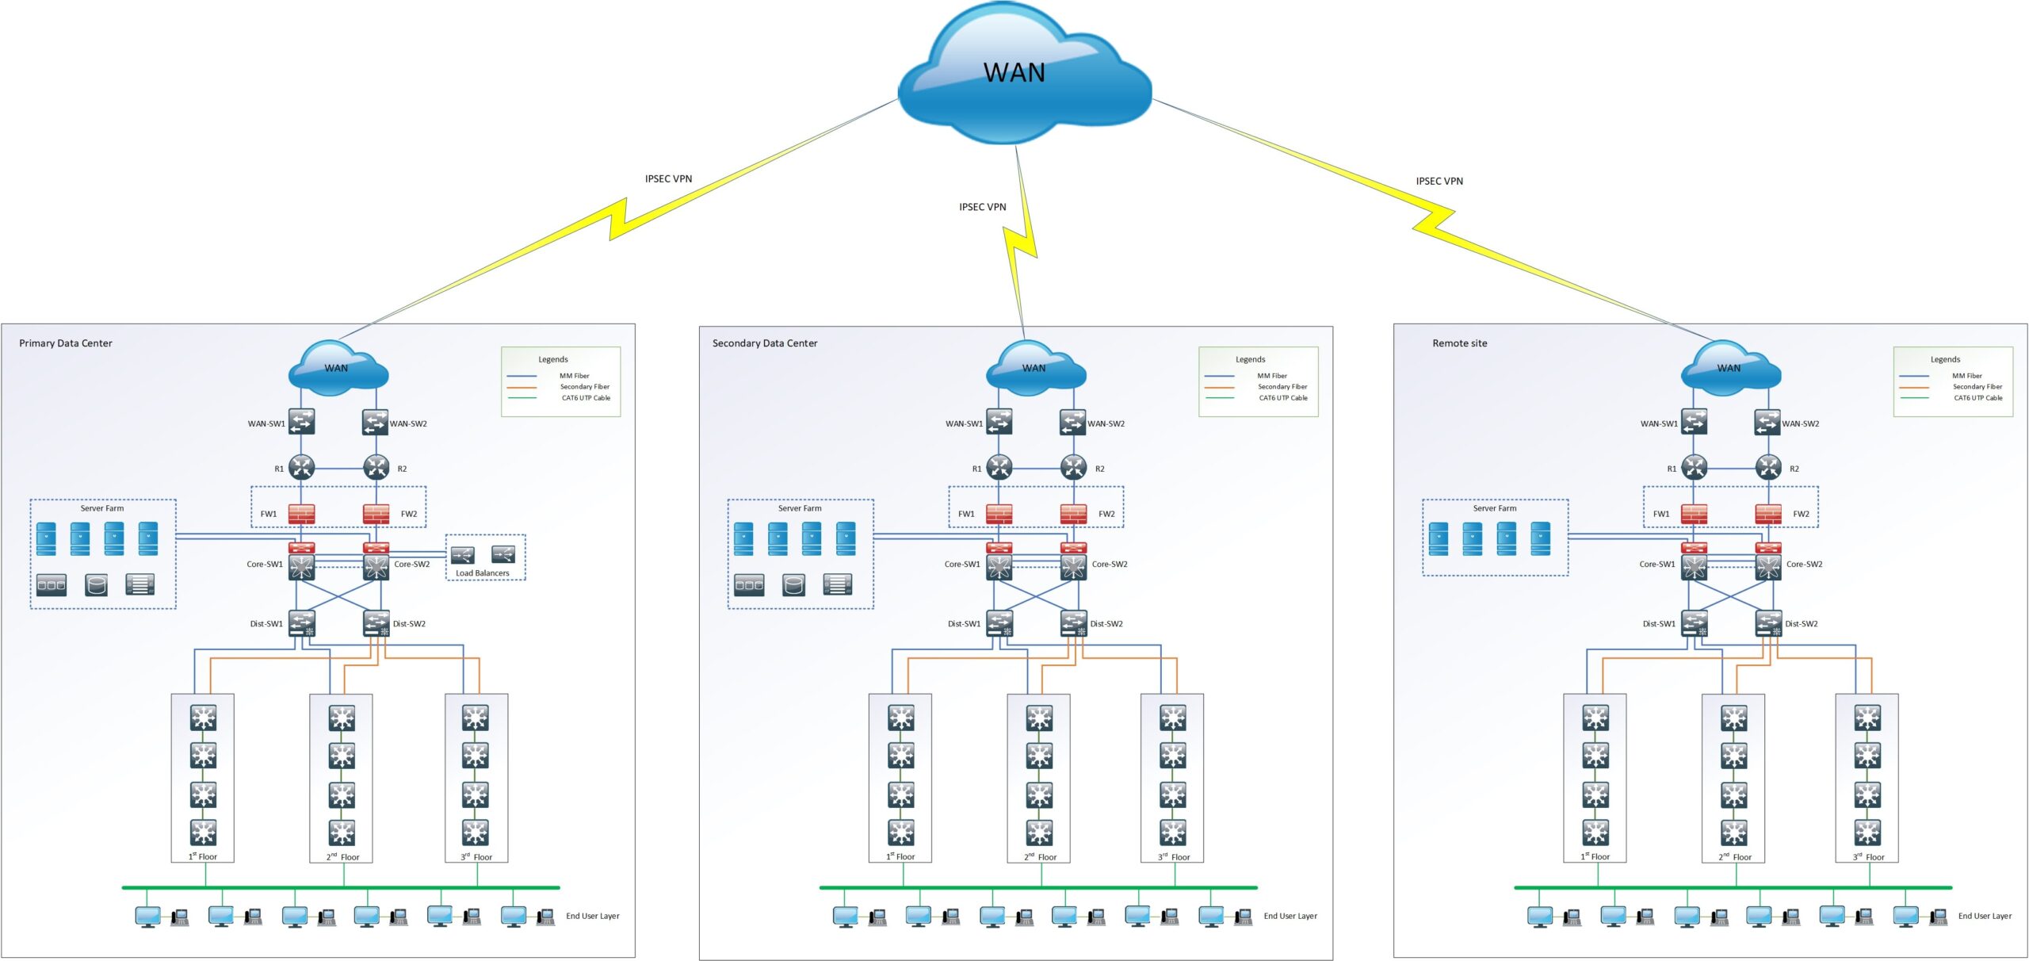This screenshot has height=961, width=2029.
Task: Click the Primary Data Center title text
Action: (x=66, y=343)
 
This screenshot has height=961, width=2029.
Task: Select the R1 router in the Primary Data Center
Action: (x=301, y=467)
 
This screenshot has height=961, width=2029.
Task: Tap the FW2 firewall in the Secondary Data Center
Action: (x=1073, y=514)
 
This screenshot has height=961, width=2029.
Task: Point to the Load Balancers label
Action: (x=482, y=573)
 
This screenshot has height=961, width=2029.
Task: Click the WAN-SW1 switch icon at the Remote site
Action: (x=1694, y=421)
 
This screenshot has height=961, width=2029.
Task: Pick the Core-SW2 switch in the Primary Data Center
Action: (x=376, y=566)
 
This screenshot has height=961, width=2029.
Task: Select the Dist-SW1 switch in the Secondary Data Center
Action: (x=999, y=623)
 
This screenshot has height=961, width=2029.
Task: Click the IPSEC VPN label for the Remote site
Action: (x=1439, y=182)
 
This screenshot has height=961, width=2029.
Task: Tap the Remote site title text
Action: (x=1459, y=343)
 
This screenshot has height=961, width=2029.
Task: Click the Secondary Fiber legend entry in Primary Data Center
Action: (x=584, y=387)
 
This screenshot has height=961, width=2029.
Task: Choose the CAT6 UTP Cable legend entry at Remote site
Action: (x=1977, y=398)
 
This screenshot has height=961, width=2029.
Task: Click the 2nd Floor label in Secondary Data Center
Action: (x=1040, y=857)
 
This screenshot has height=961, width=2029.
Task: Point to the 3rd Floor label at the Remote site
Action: (x=1868, y=857)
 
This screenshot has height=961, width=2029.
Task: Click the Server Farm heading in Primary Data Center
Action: (x=102, y=508)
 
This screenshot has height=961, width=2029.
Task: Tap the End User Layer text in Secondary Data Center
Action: (x=1290, y=916)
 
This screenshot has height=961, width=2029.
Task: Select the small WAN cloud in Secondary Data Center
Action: (x=1034, y=369)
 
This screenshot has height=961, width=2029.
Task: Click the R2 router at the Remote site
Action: (x=1768, y=467)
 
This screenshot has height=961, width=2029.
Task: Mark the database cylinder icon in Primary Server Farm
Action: (x=96, y=585)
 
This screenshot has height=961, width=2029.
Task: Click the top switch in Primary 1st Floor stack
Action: (x=203, y=718)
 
